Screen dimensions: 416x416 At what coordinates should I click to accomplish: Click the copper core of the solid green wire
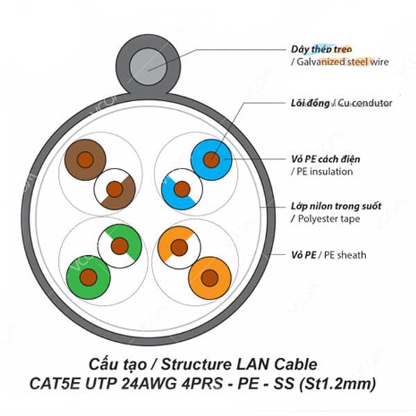[x=88, y=277]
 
